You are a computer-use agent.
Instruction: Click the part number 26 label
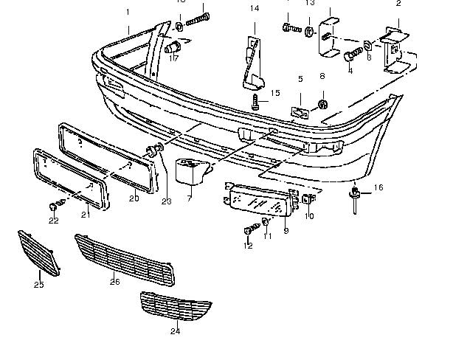(x=114, y=281)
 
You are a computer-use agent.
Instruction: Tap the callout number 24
(x=175, y=331)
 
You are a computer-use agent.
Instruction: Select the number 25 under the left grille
(x=38, y=285)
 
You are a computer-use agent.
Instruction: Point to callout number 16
(x=378, y=188)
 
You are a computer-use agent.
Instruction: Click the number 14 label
(x=255, y=9)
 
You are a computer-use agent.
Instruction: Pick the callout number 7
(x=189, y=198)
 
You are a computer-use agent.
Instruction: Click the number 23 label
(x=166, y=202)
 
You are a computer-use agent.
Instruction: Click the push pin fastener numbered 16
(x=356, y=196)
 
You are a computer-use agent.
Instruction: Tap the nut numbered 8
(x=322, y=103)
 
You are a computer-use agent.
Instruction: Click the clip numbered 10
(x=310, y=199)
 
